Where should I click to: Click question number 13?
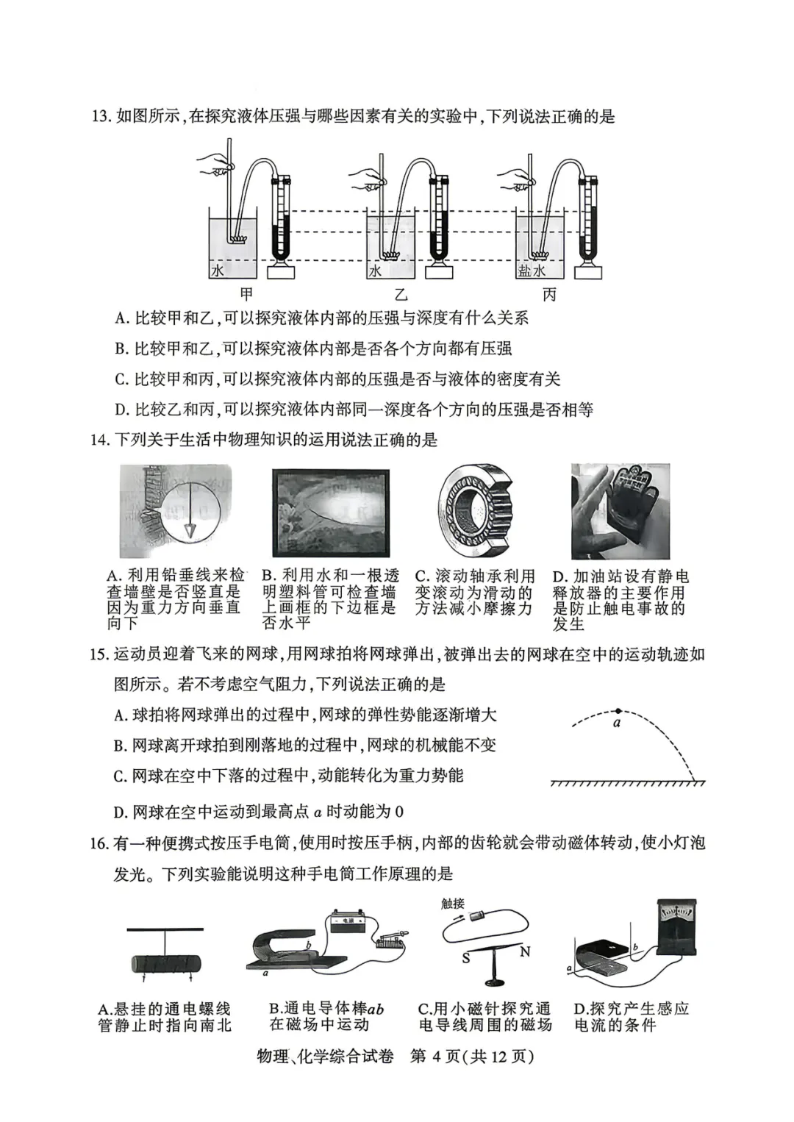[99, 117]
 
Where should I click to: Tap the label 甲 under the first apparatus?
[246, 295]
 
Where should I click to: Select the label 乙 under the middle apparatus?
[400, 295]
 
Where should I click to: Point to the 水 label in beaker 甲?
[218, 271]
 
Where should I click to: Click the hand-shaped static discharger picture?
[620, 511]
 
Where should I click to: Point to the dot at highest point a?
[618, 710]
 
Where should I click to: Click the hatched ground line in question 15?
[628, 783]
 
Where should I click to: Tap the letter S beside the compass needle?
[466, 959]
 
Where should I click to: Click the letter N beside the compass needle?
[525, 952]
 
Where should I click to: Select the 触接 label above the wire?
[453, 904]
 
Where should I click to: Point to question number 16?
[99, 843]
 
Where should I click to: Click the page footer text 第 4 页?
[434, 1057]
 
